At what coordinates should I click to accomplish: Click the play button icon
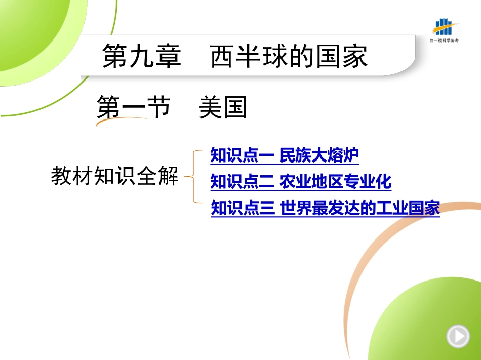pos(458,336)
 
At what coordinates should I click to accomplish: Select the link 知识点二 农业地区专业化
pos(301,182)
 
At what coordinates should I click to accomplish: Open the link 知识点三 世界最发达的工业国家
pos(326,208)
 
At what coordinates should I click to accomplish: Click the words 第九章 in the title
pos(142,56)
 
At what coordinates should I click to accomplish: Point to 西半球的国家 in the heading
pos(289,56)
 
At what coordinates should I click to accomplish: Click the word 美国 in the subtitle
pos(223,107)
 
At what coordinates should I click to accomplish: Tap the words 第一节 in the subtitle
pos(134,107)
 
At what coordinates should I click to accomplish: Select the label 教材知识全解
pos(114,176)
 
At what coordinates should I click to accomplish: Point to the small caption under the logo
pos(444,40)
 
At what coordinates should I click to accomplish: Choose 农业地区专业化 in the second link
pos(336,182)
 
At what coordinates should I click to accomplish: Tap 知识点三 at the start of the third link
pos(243,208)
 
